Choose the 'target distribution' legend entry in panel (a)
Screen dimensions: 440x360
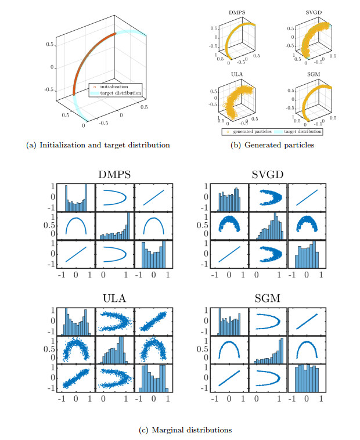pos(120,93)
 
